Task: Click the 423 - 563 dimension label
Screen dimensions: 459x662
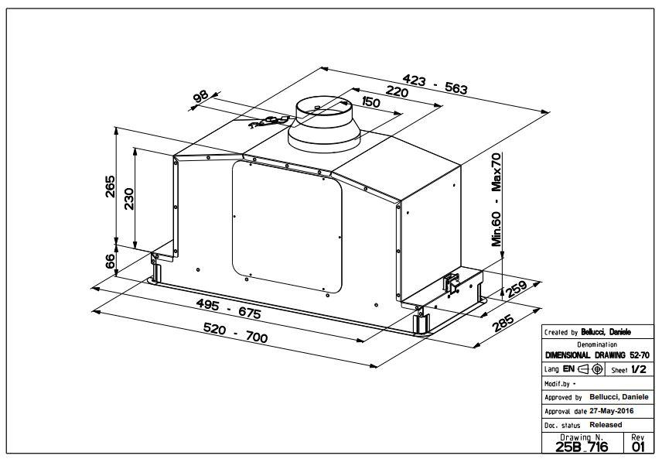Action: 435,83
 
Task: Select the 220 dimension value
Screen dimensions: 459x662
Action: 397,91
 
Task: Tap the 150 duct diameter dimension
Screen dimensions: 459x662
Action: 370,103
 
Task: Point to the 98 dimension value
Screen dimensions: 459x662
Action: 200,97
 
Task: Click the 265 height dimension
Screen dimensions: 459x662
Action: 110,187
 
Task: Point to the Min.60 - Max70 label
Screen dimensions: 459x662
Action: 496,199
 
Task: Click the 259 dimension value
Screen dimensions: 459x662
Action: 516,289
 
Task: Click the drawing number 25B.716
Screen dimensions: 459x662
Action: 582,447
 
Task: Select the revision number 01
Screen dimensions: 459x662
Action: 637,447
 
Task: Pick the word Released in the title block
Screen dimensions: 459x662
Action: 606,425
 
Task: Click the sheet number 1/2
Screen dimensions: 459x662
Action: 638,370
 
